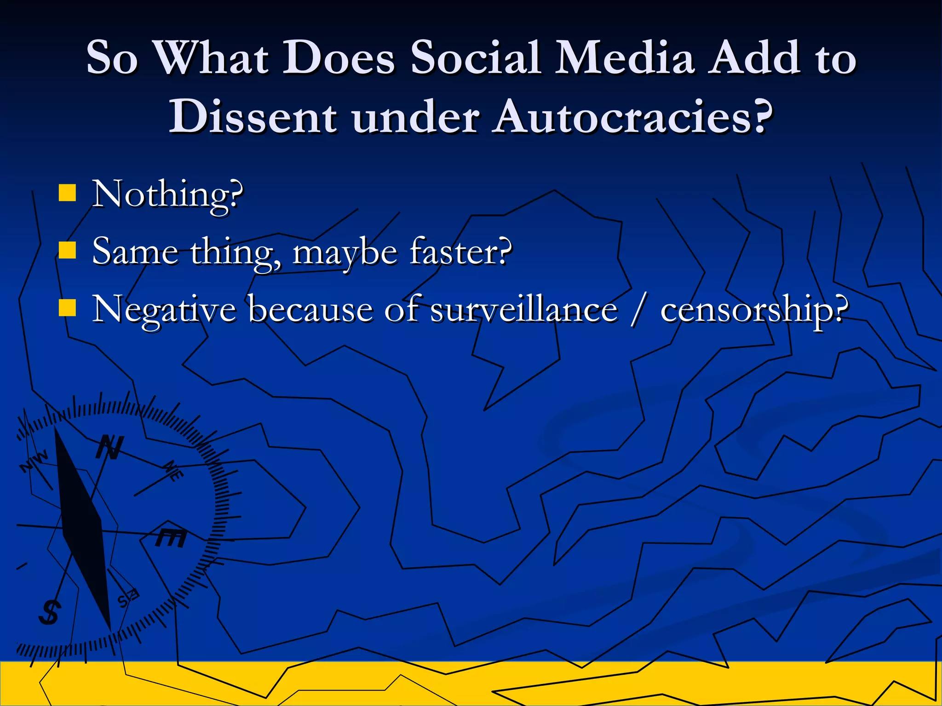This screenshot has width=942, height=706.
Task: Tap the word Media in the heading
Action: pos(624,57)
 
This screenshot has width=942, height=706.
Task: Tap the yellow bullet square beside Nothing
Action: pos(67,193)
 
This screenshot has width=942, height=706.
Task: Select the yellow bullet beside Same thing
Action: pos(67,251)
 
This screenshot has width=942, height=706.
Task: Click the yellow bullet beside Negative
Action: pos(67,308)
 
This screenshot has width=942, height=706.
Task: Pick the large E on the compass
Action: pos(171,538)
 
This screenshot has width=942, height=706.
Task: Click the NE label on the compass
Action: pos(174,471)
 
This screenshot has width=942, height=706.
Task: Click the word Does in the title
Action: pos(338,57)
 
